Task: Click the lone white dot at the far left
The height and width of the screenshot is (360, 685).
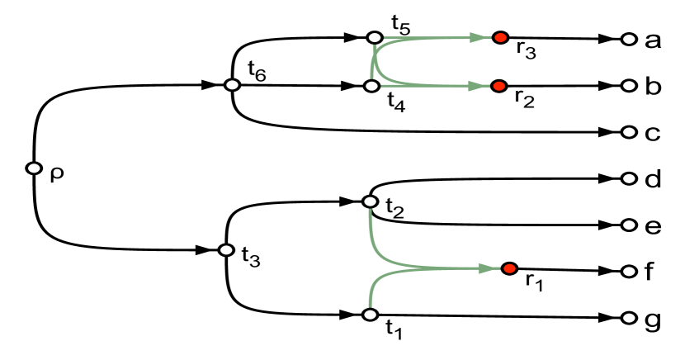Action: [x=34, y=168]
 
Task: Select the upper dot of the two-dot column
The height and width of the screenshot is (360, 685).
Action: [x=232, y=85]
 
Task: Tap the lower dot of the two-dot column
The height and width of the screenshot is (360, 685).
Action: [x=226, y=250]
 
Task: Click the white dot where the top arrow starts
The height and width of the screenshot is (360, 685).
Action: [x=375, y=38]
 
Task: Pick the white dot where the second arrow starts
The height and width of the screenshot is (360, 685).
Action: [x=371, y=86]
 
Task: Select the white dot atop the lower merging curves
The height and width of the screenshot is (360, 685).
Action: [x=370, y=201]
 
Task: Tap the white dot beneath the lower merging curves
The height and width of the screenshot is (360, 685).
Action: [x=370, y=315]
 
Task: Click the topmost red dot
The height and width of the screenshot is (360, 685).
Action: [x=500, y=38]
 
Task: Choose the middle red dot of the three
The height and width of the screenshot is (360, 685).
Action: [x=498, y=86]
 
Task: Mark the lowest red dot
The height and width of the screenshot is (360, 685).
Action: [x=509, y=268]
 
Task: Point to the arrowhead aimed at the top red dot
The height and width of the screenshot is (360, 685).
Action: [x=479, y=38]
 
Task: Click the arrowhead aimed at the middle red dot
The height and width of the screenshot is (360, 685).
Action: [x=477, y=86]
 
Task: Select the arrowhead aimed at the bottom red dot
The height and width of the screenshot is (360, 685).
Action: [x=488, y=268]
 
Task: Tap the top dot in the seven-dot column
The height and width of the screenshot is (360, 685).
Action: [x=629, y=39]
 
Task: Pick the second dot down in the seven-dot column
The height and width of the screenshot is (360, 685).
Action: [x=629, y=85]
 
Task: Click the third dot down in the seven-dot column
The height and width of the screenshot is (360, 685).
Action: [x=629, y=132]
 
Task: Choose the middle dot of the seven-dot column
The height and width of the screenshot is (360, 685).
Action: [x=629, y=178]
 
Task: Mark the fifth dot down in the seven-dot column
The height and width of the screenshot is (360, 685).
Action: [x=629, y=225]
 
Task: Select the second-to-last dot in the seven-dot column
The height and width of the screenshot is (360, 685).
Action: [x=629, y=272]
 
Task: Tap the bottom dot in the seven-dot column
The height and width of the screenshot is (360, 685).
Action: [x=629, y=318]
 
